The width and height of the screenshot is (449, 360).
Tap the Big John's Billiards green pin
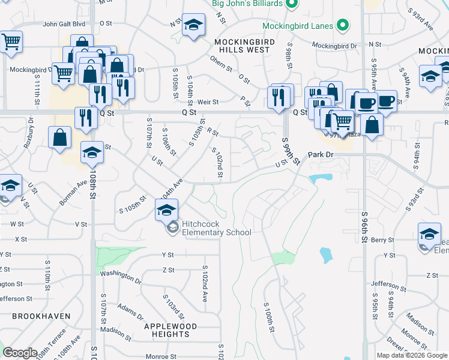coord(291,4)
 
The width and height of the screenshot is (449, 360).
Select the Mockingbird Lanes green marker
coord(343,26)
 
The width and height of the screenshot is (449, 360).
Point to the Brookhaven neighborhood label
coord(41,316)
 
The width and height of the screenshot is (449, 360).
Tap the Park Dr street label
coord(320,155)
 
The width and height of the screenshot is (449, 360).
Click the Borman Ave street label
coord(71,194)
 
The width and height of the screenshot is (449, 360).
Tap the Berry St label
coord(382,240)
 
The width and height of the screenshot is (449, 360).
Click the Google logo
coord(20,353)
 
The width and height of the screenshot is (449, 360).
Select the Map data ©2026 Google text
coord(411,355)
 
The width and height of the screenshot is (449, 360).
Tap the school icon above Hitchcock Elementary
coord(167,209)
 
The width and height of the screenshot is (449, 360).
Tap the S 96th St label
coord(364,227)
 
